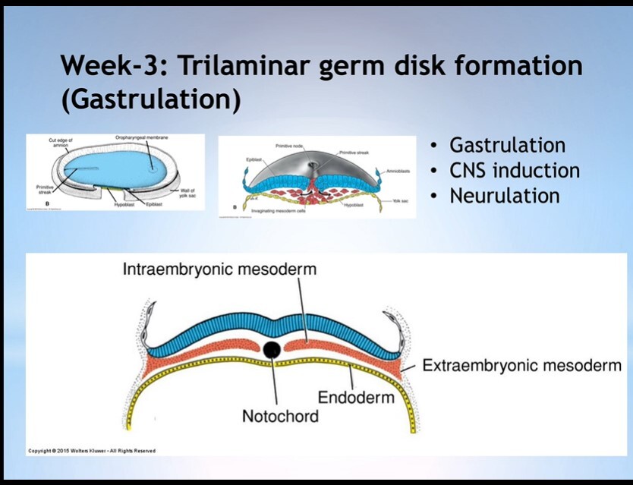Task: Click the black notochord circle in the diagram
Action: click(x=272, y=350)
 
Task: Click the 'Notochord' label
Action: click(x=280, y=416)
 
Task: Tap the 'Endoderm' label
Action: click(x=356, y=397)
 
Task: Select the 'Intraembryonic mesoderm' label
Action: click(x=220, y=269)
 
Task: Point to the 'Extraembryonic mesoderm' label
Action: click(x=522, y=366)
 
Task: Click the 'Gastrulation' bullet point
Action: click(x=507, y=145)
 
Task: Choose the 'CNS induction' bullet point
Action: click(x=515, y=170)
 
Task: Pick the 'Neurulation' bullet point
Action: click(x=504, y=195)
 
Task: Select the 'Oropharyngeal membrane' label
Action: click(x=142, y=137)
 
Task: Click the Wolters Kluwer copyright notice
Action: click(x=92, y=451)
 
